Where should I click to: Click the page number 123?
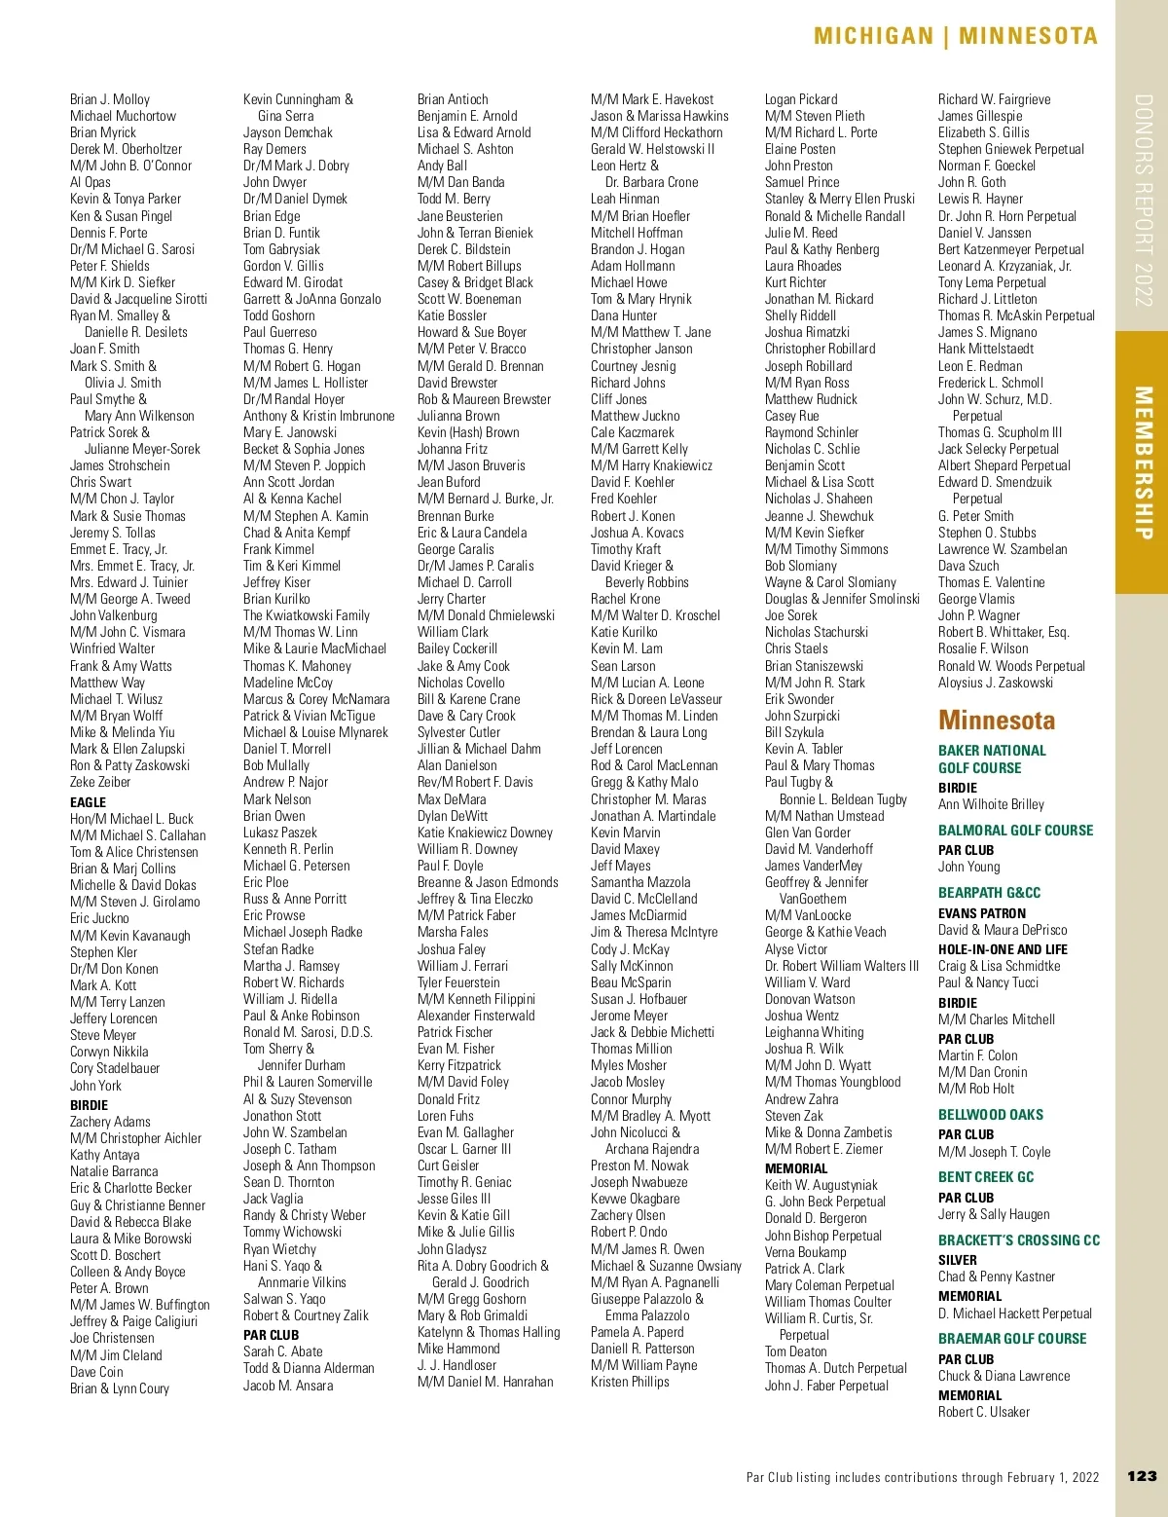click(x=1142, y=1476)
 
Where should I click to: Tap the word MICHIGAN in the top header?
click(x=873, y=37)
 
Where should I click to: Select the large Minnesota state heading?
click(x=997, y=721)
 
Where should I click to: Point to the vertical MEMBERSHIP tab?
click(x=1143, y=462)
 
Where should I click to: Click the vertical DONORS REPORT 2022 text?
click(x=1143, y=200)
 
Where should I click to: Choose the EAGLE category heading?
click(x=88, y=802)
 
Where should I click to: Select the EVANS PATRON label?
click(x=982, y=913)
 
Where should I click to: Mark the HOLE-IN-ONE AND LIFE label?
click(x=1003, y=949)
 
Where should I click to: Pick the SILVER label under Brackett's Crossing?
click(x=958, y=1259)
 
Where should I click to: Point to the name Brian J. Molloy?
click(x=110, y=99)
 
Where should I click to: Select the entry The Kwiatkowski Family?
click(x=307, y=615)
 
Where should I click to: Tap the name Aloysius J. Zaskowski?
click(x=996, y=683)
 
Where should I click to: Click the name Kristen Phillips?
click(x=630, y=1382)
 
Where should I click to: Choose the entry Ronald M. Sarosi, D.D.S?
click(x=308, y=1032)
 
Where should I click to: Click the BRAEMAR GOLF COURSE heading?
click(x=1012, y=1339)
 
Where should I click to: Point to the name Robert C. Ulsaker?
click(x=984, y=1412)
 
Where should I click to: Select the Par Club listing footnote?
click(x=922, y=1477)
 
